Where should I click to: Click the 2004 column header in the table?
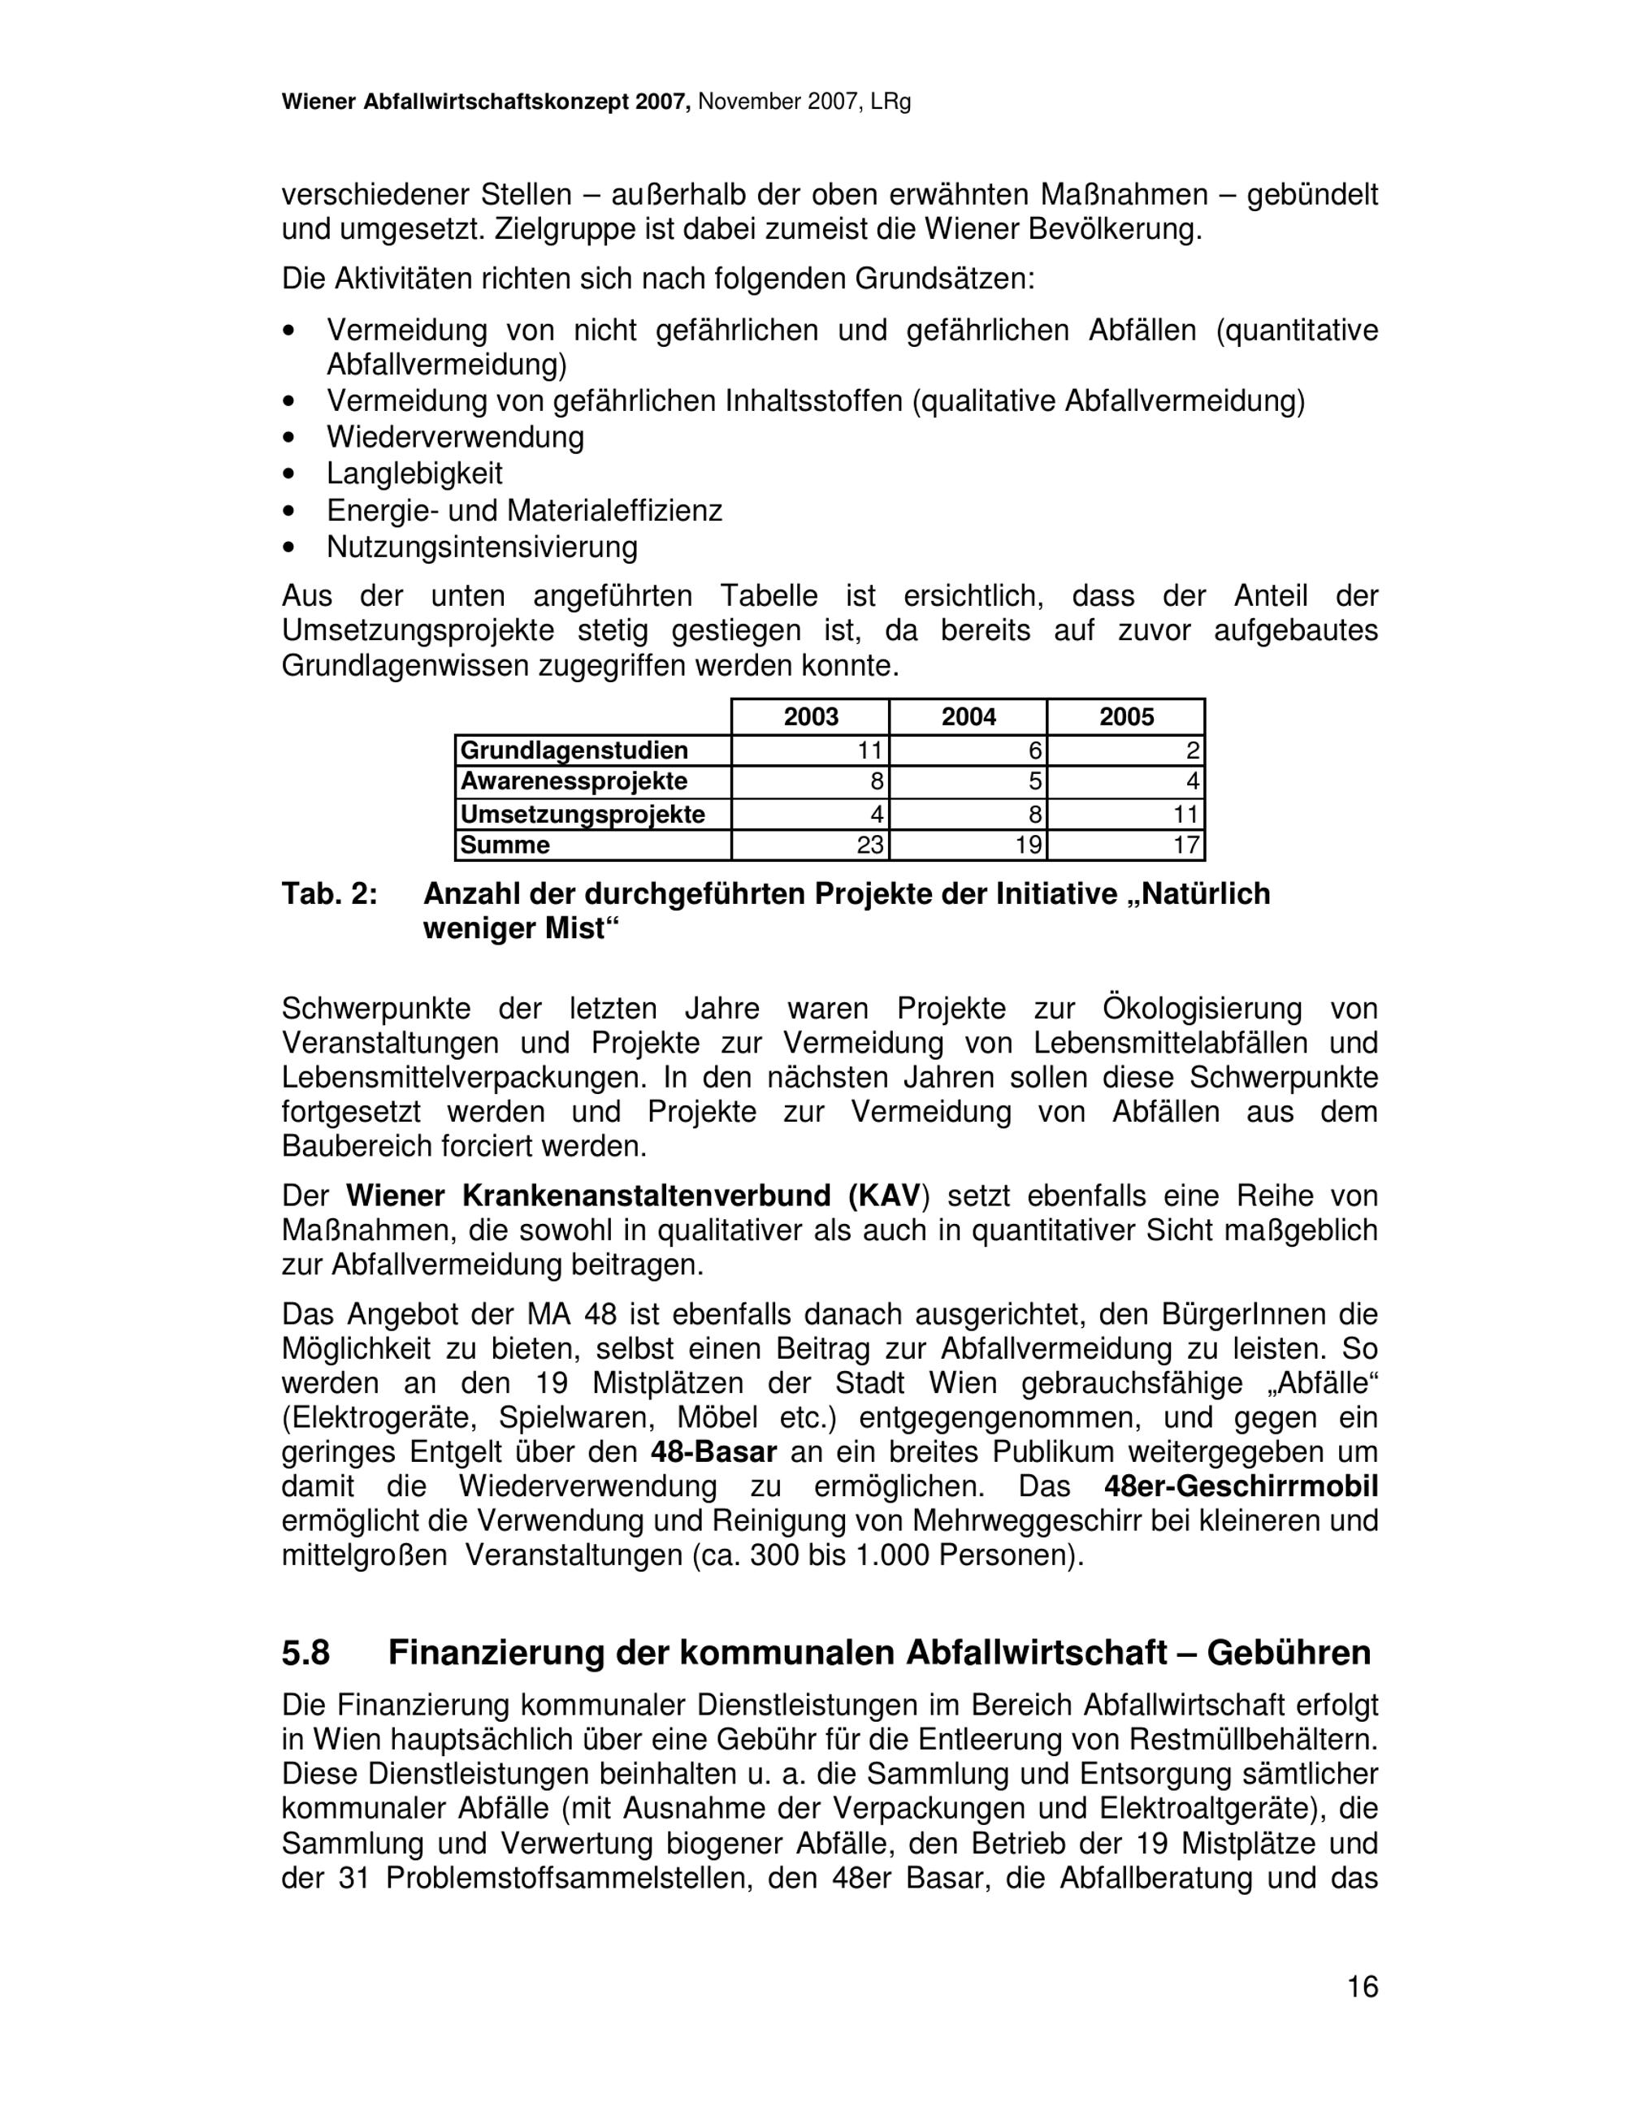(x=968, y=716)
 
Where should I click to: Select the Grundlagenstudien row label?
(x=574, y=750)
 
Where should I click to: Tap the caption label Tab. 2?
(x=329, y=894)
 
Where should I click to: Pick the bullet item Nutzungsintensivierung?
(x=481, y=547)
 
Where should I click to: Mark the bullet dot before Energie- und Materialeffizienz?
(x=288, y=511)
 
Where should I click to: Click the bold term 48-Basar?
(x=713, y=1451)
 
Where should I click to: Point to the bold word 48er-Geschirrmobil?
(x=1241, y=1486)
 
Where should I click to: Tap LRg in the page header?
(x=890, y=102)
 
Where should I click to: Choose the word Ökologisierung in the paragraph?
(x=1202, y=1009)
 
